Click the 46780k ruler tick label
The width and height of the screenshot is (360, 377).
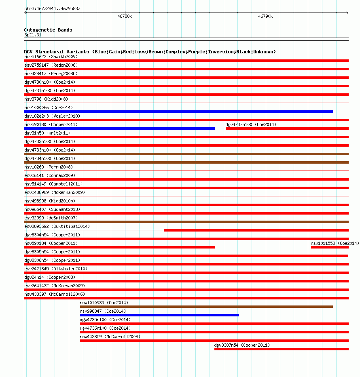125,17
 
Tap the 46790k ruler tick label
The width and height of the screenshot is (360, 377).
265,17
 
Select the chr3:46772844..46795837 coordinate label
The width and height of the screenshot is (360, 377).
52,8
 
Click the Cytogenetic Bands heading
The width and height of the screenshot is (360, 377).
48,30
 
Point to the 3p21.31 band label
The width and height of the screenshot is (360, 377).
33,35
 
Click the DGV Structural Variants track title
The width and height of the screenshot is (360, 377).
150,52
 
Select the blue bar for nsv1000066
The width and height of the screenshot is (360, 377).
178,112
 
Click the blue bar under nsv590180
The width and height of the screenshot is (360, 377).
119,128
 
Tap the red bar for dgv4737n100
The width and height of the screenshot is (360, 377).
287,128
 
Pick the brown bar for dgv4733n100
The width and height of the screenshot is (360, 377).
186,154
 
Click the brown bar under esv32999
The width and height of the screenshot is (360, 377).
186,222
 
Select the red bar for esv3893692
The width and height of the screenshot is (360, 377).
256,230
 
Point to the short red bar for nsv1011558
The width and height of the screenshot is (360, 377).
329,247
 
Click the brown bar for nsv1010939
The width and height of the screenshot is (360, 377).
206,307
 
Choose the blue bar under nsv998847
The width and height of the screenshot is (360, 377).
159,315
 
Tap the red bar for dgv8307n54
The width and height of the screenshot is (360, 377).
281,349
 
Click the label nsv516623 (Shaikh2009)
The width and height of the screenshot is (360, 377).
51,57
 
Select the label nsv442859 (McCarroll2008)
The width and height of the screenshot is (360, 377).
110,337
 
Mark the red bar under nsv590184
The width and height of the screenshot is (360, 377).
119,247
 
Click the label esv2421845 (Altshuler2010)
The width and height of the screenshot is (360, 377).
55,269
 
